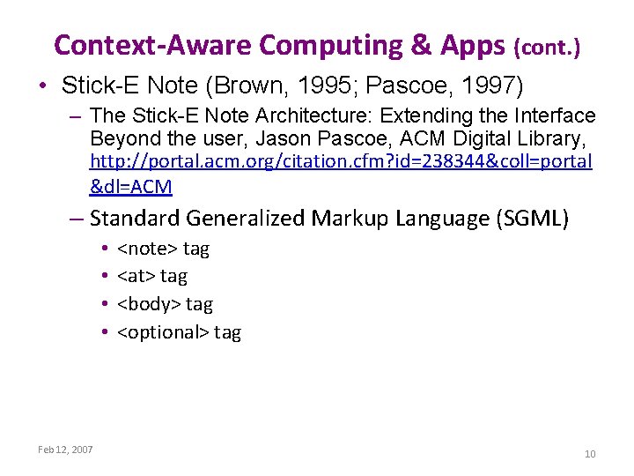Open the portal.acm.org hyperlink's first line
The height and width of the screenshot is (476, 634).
click(342, 163)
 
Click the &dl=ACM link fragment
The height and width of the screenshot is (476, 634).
click(131, 186)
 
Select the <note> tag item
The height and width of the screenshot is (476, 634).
click(163, 249)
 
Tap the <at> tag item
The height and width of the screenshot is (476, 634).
click(152, 277)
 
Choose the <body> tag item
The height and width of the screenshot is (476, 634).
click(165, 304)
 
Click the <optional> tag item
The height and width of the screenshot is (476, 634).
click(179, 332)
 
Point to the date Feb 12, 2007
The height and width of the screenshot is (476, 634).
click(65, 450)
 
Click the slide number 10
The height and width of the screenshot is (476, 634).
click(590, 454)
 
